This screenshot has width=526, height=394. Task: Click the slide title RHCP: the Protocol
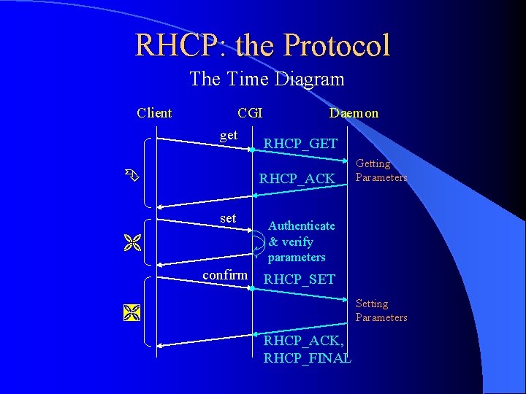[x=262, y=45]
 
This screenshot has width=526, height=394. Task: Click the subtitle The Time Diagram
[x=267, y=79]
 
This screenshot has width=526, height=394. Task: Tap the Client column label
[x=154, y=113]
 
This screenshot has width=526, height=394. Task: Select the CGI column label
[x=250, y=113]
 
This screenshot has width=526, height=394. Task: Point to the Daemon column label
[x=354, y=113]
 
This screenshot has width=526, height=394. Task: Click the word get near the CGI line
[x=229, y=135]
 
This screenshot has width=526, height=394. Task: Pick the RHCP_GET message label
[x=300, y=144]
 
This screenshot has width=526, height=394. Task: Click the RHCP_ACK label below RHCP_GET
[x=297, y=179]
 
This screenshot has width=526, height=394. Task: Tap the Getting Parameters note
[x=381, y=171]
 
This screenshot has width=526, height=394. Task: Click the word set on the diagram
[x=228, y=218]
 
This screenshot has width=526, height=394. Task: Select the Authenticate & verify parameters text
[x=301, y=242]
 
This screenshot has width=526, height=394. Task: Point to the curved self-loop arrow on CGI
[x=259, y=241]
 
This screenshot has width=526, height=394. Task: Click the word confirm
[x=225, y=275]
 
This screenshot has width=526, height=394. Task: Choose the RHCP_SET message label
[x=299, y=279]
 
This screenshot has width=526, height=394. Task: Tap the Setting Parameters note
[x=381, y=310]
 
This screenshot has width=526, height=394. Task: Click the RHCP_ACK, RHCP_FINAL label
[x=307, y=349]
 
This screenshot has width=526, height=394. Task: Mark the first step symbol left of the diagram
[x=130, y=175]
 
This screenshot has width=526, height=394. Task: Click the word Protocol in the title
[x=337, y=45]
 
